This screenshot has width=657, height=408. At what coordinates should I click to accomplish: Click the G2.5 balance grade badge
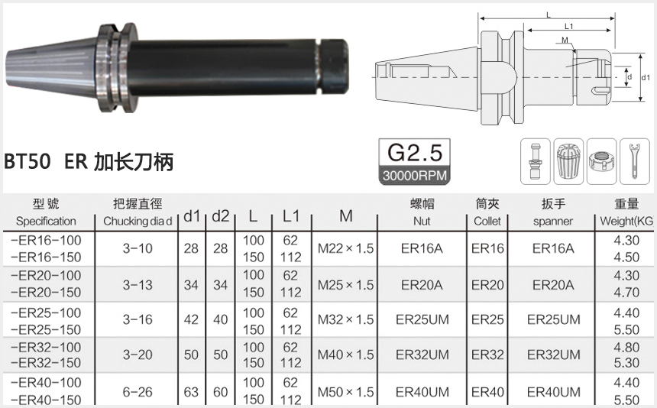point(415,151)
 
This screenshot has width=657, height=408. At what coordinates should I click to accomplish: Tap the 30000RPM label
point(415,175)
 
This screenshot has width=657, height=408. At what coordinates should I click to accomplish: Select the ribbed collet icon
point(568,162)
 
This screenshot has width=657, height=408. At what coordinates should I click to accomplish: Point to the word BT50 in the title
point(28,162)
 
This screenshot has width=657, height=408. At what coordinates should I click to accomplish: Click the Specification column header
point(46,221)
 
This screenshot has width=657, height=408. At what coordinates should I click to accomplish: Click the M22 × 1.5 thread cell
point(345,248)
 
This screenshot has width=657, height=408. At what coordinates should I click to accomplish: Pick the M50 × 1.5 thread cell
point(345,392)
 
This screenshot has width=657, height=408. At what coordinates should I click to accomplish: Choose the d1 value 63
point(191,392)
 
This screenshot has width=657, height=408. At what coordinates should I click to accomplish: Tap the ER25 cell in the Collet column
point(487,320)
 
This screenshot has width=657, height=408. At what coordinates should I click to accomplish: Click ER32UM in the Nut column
point(422,355)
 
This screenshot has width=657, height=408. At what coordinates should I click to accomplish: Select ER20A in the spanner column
point(553,284)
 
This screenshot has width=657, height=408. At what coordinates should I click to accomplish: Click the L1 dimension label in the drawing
point(568,27)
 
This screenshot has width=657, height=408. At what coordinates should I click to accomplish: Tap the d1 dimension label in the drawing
point(646,77)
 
